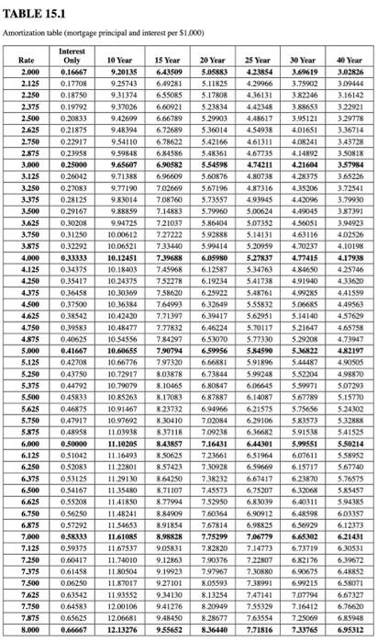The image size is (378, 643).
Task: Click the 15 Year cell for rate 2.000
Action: [168, 71]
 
